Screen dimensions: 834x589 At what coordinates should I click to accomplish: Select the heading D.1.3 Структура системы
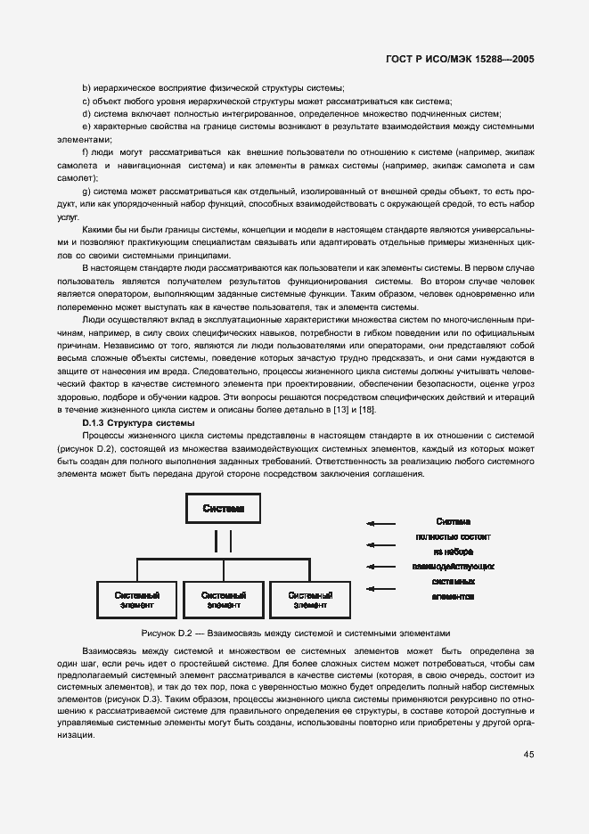point(133,421)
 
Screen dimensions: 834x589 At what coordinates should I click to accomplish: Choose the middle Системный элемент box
point(223,599)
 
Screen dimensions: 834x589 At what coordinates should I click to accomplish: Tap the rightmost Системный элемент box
point(312,599)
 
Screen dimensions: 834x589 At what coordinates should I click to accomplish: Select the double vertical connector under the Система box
point(222,541)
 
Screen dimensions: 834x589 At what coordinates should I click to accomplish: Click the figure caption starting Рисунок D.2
point(302,633)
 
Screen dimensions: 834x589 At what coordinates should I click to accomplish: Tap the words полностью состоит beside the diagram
point(454,537)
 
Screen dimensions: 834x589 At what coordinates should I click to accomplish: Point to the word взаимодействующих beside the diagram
point(454,567)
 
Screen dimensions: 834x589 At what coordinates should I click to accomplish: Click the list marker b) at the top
point(86,87)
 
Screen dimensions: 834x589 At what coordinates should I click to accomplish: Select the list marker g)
point(86,192)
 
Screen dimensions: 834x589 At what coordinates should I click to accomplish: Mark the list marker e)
point(86,127)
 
